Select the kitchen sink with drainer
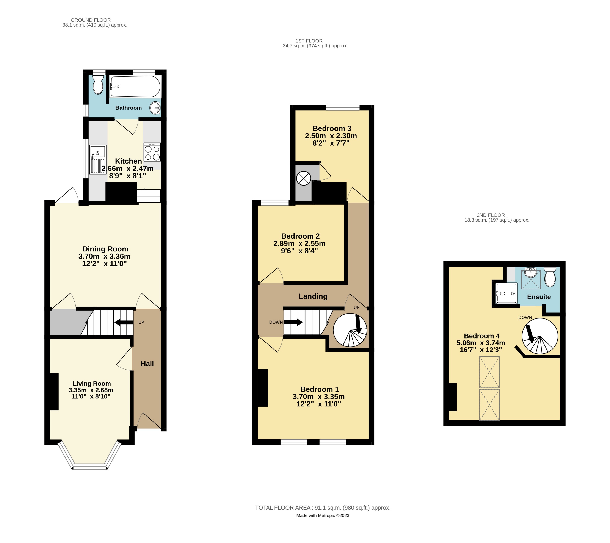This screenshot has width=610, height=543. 98,159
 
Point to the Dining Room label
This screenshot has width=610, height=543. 105,249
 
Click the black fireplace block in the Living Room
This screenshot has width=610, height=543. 54,392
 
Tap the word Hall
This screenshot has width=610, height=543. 147,364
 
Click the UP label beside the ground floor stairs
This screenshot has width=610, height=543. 141,322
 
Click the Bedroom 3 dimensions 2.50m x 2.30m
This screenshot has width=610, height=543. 331,136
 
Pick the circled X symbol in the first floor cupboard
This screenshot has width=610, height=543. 303,178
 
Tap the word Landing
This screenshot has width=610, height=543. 313,296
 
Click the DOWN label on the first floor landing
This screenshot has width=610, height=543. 276,322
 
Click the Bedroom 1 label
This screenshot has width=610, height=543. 320,389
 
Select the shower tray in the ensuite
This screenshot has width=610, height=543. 506,293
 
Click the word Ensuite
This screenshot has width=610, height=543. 539,297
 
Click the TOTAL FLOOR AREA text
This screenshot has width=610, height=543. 323,508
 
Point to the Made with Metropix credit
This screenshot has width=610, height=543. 323,516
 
